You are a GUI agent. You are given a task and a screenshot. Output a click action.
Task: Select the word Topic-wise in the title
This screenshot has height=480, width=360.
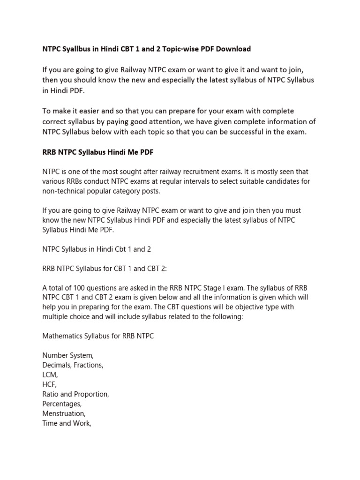(178, 49)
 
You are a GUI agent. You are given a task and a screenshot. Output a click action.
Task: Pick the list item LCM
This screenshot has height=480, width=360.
(50, 375)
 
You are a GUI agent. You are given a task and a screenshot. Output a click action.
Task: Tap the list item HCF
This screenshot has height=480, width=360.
(49, 384)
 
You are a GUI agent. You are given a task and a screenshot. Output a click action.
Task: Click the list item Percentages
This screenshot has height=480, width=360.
(62, 404)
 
